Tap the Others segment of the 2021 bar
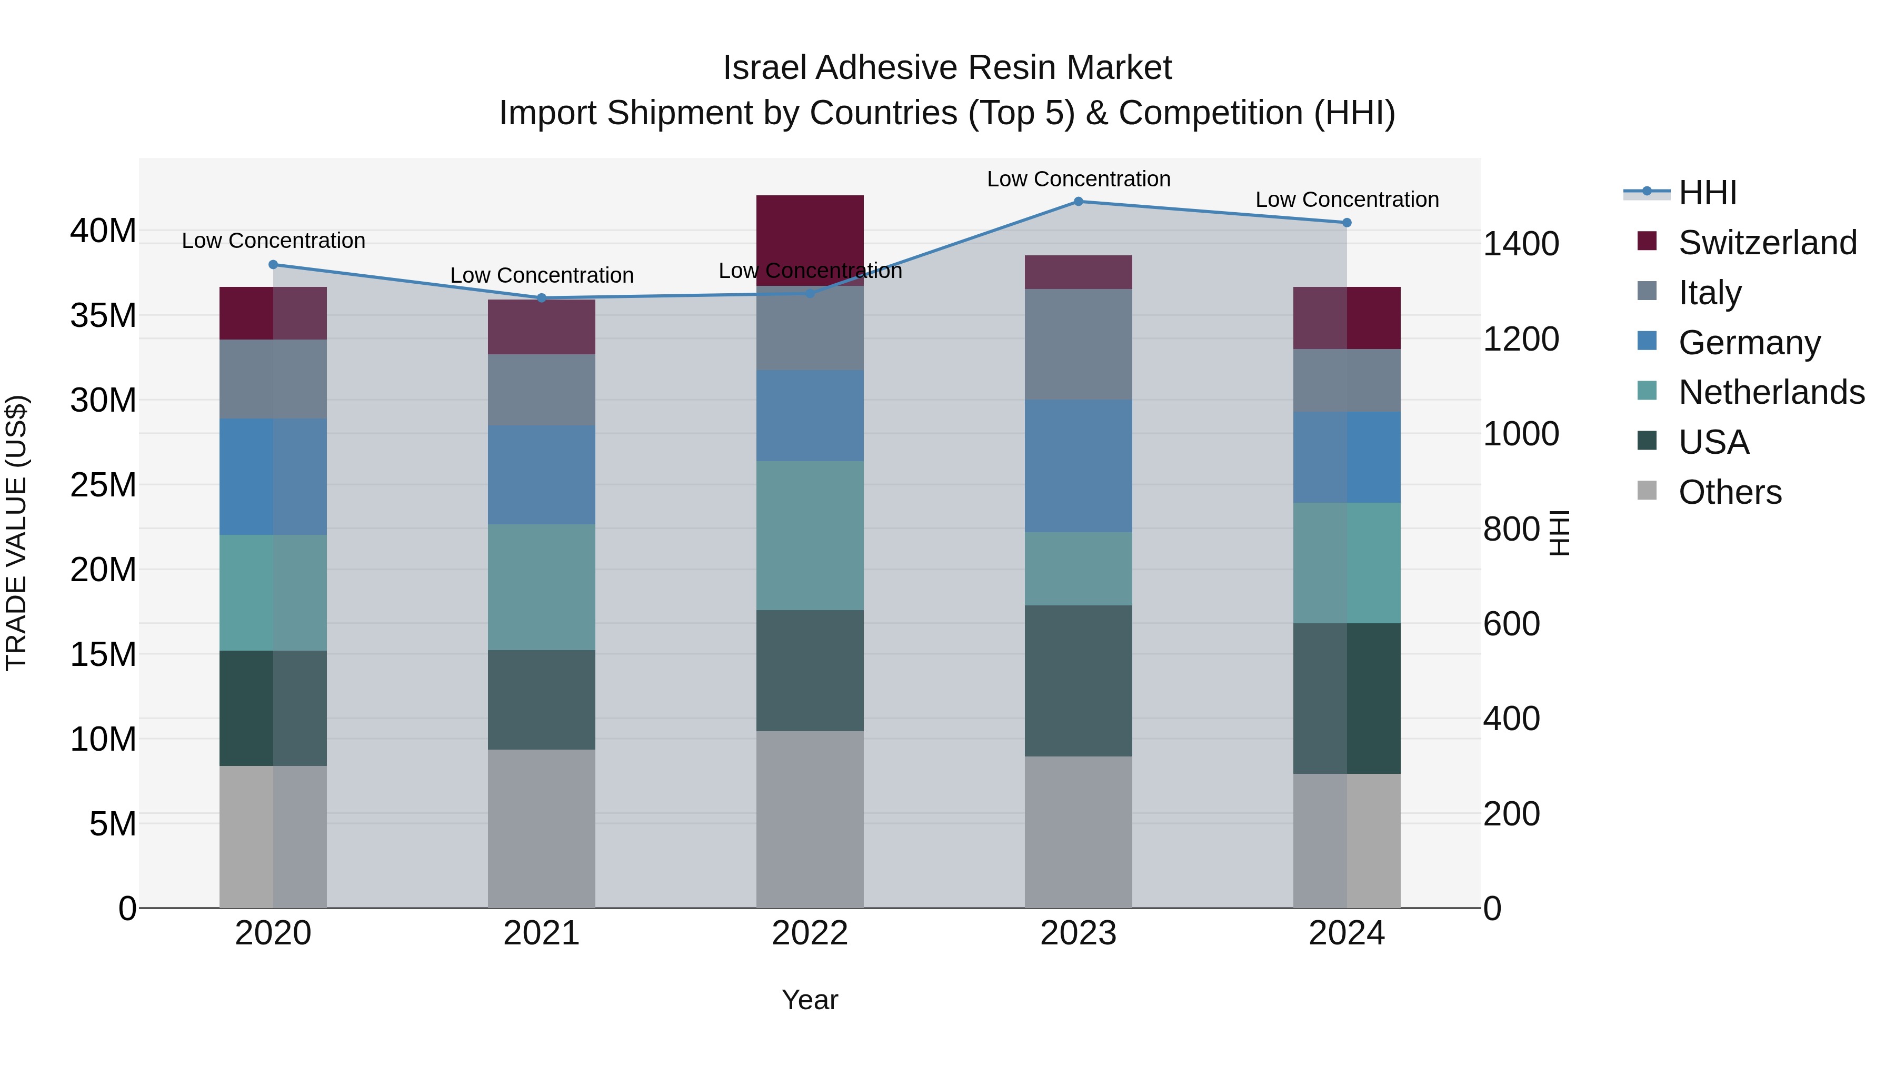click(x=542, y=829)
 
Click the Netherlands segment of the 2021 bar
click(x=542, y=587)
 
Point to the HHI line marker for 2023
click(x=1079, y=202)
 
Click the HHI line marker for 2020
click(x=273, y=265)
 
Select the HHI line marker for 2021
click(x=542, y=298)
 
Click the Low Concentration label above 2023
click(x=1079, y=179)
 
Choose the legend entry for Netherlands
click(x=1771, y=392)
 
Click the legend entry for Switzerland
click(x=1767, y=243)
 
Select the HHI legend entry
click(x=1707, y=193)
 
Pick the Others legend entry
click(x=1730, y=492)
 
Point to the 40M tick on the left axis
click(x=103, y=231)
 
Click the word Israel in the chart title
click(x=764, y=68)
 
